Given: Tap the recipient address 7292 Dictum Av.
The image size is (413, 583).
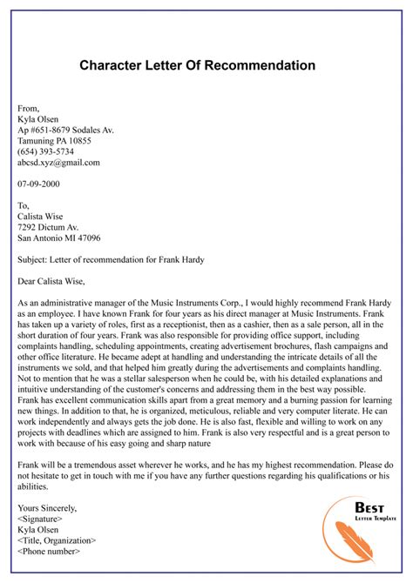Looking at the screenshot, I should (x=50, y=231).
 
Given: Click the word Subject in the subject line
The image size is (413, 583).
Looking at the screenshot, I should (x=34, y=265).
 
